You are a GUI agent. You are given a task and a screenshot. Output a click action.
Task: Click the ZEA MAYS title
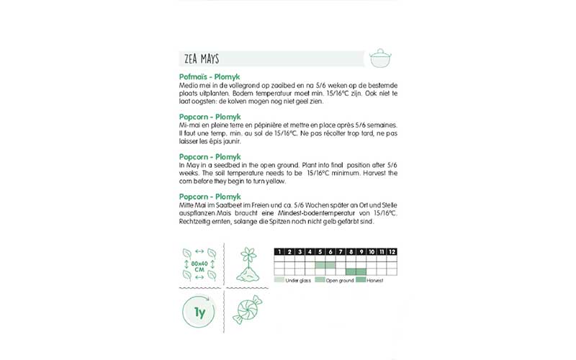click(200, 59)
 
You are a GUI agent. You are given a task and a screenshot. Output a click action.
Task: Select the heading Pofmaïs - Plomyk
click(210, 76)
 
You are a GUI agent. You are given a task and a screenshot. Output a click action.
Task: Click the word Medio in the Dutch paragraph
click(188, 86)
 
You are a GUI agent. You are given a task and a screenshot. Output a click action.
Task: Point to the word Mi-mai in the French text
click(189, 125)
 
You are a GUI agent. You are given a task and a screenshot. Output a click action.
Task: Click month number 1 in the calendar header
click(279, 251)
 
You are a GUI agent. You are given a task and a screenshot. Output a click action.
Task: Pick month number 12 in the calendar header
click(392, 251)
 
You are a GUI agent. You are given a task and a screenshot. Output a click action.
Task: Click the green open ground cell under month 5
click(320, 265)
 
